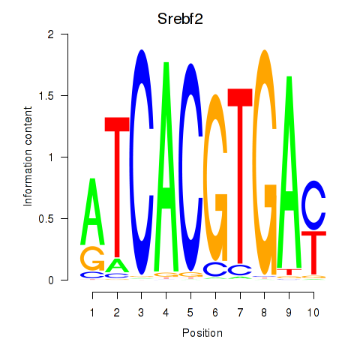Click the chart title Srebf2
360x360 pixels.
[180, 19]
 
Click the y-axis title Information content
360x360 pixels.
[28, 157]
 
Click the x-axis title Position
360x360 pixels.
[202, 333]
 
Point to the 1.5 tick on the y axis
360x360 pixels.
[64, 95]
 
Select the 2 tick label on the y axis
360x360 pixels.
[51, 34]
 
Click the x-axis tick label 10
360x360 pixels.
[313, 313]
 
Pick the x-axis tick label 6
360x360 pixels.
[215, 313]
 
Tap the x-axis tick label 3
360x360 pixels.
[141, 313]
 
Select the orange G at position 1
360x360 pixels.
[92, 258]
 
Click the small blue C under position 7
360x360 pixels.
[239, 270]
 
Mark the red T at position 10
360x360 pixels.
[313, 253]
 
